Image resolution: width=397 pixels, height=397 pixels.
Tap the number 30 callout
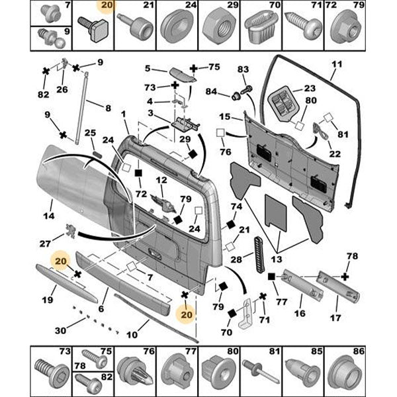[x=61, y=331]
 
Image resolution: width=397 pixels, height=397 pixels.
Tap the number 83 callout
[x=242, y=69]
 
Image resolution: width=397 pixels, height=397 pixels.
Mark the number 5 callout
[x=148, y=67]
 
